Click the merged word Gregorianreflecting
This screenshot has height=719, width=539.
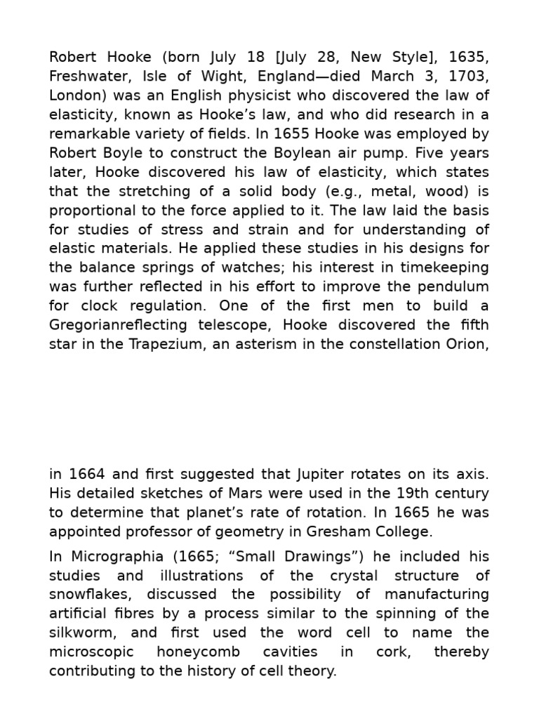point(118,324)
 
